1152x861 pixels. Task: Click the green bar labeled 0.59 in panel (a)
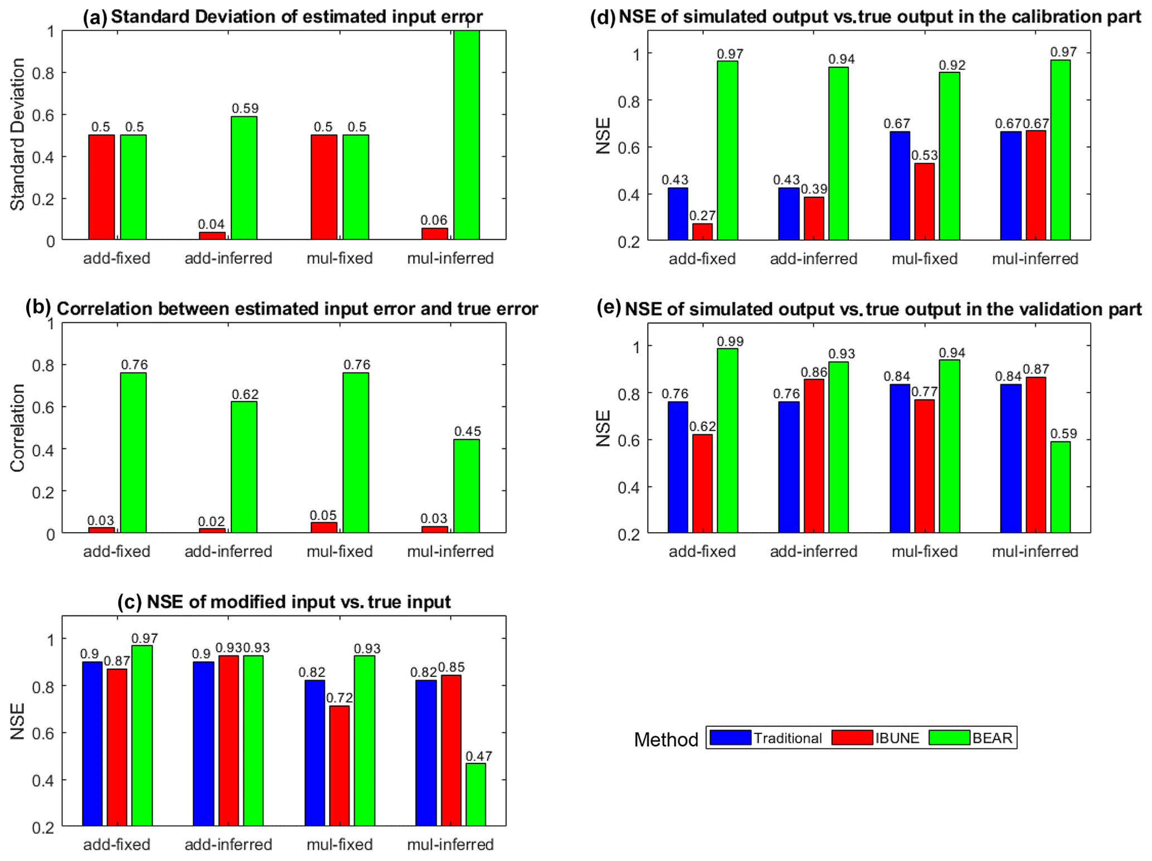(x=244, y=178)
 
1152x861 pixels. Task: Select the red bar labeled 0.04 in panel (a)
(x=212, y=236)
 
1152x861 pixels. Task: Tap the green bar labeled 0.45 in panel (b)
(x=466, y=486)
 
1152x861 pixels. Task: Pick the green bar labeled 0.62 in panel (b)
(x=244, y=467)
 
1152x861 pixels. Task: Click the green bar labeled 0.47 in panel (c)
(x=475, y=794)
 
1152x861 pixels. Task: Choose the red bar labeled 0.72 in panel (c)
(x=339, y=765)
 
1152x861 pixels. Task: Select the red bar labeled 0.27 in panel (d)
(x=702, y=232)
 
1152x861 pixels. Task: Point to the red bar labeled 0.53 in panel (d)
(x=925, y=202)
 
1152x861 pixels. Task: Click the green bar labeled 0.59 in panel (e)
(x=1061, y=487)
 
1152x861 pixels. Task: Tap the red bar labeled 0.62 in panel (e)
(x=702, y=483)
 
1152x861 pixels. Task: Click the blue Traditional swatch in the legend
(x=731, y=737)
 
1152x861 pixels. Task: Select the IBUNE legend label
(x=897, y=738)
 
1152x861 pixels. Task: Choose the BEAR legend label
(x=992, y=738)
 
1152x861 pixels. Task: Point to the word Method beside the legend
(x=666, y=740)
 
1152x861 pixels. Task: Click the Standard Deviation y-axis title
(x=18, y=134)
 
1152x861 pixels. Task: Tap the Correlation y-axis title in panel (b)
(x=18, y=428)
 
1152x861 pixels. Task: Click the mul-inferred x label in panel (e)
(x=1035, y=551)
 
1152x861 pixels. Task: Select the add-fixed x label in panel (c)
(x=116, y=844)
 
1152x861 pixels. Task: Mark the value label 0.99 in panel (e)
(x=730, y=341)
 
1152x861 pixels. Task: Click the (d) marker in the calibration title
(x=602, y=17)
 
